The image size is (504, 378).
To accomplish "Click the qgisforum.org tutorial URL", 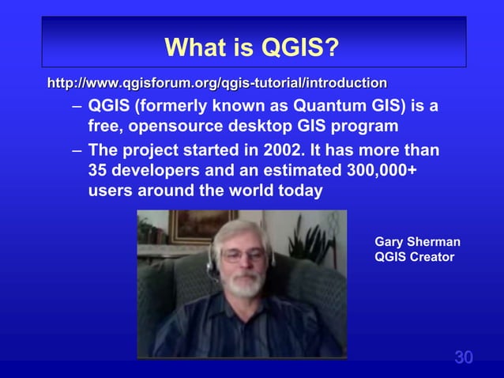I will (x=217, y=82).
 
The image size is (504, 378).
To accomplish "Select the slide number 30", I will (x=464, y=357).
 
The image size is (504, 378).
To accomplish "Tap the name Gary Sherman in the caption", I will (x=417, y=242).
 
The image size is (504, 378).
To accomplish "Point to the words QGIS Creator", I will (x=414, y=257).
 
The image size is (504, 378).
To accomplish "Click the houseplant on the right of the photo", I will (x=312, y=237).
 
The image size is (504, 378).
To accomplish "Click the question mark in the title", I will (x=333, y=48).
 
